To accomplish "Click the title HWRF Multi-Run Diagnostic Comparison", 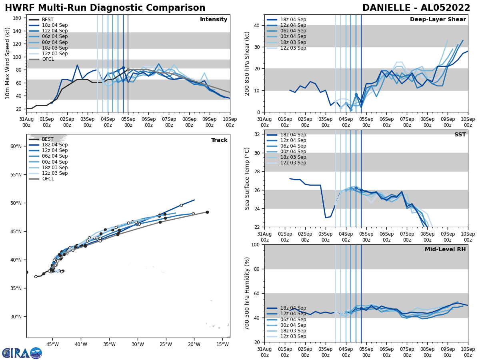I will click(x=105, y=8).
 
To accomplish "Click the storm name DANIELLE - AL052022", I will click(x=416, y=8).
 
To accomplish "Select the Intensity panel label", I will click(x=214, y=20).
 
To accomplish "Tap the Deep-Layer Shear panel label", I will click(x=438, y=20).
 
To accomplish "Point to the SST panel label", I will click(x=460, y=135).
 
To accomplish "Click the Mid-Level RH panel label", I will click(x=445, y=250).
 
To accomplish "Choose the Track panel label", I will click(x=219, y=140).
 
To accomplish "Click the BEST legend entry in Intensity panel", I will click(x=47, y=20).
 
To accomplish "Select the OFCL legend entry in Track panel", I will click(x=47, y=179).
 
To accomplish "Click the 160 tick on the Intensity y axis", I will click(x=18, y=18).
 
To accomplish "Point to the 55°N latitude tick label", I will click(x=16, y=175).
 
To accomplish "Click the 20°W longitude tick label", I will click(x=194, y=344).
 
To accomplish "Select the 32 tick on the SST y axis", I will click(x=258, y=134).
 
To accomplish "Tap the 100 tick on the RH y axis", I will click(x=256, y=244).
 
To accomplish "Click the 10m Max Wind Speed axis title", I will click(x=8, y=63).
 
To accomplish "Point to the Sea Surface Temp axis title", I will click(x=247, y=178).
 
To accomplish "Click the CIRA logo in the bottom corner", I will click(x=22, y=353).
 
